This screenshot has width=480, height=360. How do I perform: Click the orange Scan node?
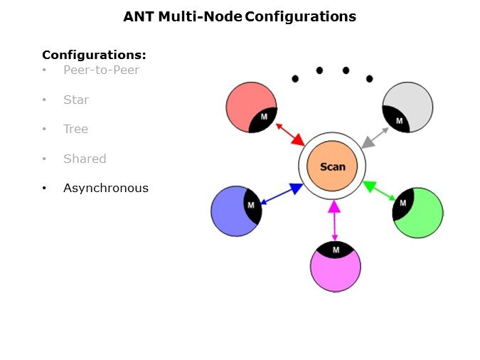pos(332,166)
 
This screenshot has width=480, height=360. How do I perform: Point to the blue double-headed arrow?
pos(281,194)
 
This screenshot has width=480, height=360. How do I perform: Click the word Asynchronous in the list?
pos(106,189)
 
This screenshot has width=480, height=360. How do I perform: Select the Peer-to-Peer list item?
pos(101,70)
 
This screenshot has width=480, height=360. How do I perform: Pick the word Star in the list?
pos(76,100)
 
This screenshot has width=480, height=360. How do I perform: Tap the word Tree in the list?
pos(76,129)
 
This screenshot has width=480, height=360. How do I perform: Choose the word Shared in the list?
pos(85,159)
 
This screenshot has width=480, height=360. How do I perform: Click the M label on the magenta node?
pos(336,250)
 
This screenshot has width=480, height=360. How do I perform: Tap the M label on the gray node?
pos(399,120)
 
